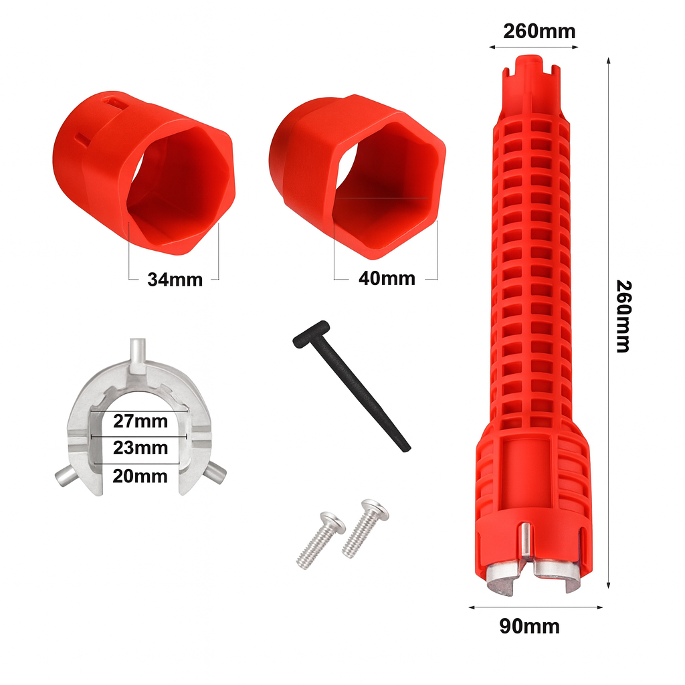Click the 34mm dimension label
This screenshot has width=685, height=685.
175,279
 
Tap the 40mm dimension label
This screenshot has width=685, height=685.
387,278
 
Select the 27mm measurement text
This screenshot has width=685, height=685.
140,421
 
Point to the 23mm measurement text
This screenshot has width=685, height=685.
140,447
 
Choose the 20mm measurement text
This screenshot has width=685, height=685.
140,476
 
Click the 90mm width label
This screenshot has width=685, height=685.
529,626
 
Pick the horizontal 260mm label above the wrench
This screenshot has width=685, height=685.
539,31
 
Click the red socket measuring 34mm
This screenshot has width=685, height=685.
143,174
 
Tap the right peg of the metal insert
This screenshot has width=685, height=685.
215,473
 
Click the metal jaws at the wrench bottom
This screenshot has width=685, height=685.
535,575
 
